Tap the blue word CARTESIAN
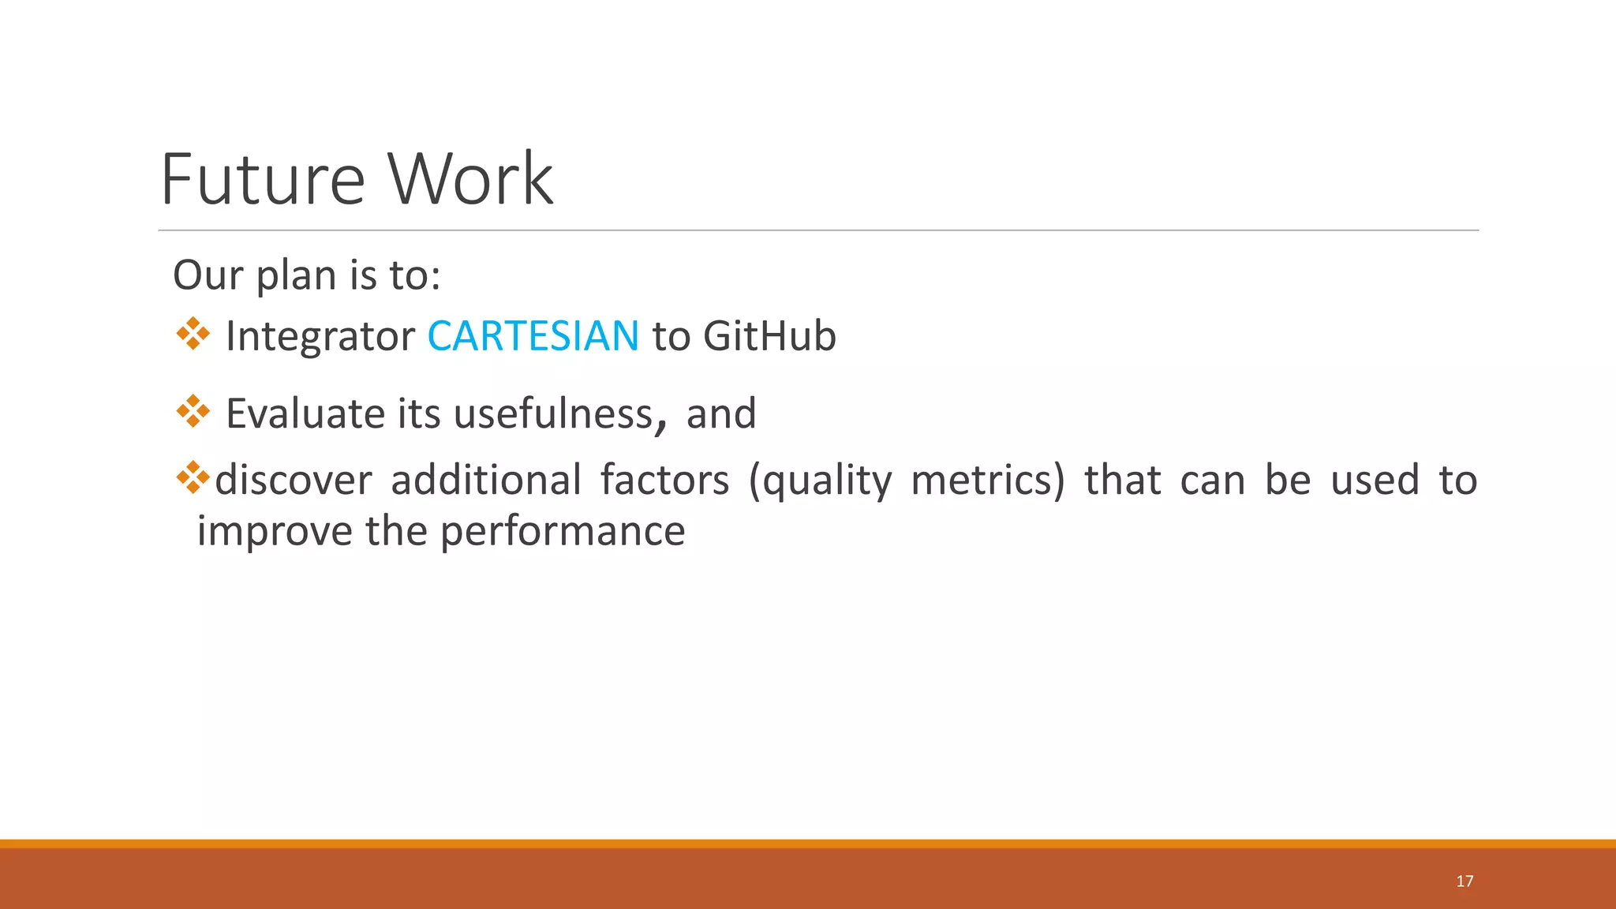pyautogui.click(x=533, y=336)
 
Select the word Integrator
pyautogui.click(x=320, y=336)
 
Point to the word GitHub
pyautogui.click(x=769, y=336)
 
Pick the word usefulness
pyautogui.click(x=553, y=413)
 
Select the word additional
pyautogui.click(x=486, y=481)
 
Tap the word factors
pyautogui.click(x=664, y=481)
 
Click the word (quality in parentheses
pyautogui.click(x=820, y=481)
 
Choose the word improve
pyautogui.click(x=274, y=531)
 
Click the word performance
pyautogui.click(x=562, y=531)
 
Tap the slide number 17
pyautogui.click(x=1464, y=881)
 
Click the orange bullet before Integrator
pyautogui.click(x=193, y=335)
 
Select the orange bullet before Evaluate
pyautogui.click(x=193, y=411)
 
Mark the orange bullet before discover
pyautogui.click(x=193, y=477)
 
